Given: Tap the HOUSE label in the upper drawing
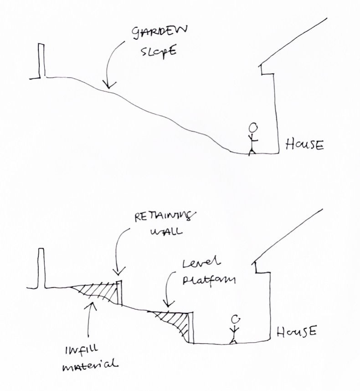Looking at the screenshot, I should click(304, 145).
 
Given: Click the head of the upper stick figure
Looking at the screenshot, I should click(254, 127).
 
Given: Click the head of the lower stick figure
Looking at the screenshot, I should click(235, 320).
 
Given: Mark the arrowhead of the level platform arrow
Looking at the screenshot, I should click(167, 305).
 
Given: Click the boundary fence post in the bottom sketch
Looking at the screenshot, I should click(41, 269).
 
